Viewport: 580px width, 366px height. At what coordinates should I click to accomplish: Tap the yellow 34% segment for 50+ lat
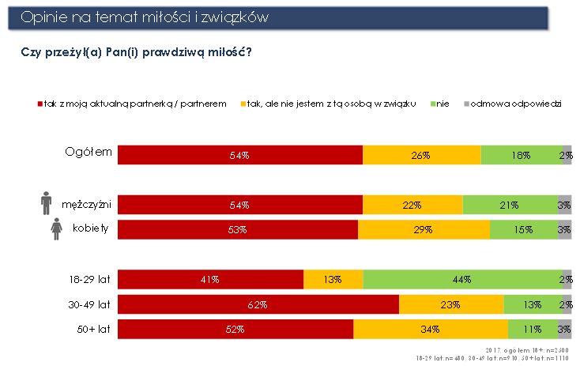click(x=431, y=329)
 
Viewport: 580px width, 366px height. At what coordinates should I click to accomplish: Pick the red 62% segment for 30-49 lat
click(x=258, y=304)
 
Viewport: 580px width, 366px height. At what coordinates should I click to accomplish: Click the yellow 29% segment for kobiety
click(x=424, y=229)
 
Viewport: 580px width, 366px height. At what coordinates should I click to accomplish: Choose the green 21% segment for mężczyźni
click(x=510, y=205)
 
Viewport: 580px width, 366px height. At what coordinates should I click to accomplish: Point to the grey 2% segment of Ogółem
click(x=567, y=155)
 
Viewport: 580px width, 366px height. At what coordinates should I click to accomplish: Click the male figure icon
click(x=46, y=203)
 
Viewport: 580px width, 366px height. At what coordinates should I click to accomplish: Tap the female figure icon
click(x=56, y=229)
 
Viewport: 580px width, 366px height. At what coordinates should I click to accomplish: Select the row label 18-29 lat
click(x=90, y=279)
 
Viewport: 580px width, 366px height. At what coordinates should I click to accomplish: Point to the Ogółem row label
click(x=89, y=152)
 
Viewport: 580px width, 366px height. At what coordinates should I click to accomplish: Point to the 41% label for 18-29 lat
click(x=210, y=280)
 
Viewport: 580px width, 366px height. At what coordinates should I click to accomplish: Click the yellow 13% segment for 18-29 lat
click(x=333, y=280)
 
